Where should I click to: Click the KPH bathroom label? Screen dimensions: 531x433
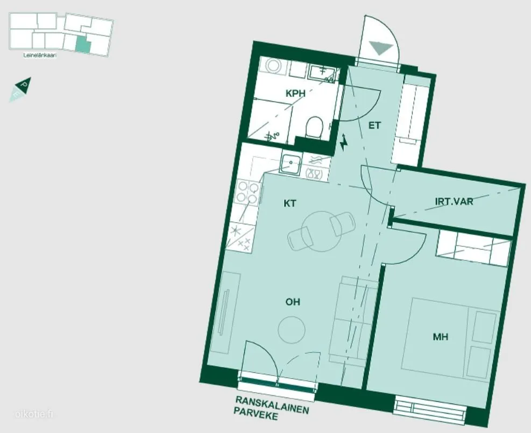click(x=295, y=94)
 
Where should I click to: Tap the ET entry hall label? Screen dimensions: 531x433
click(x=374, y=126)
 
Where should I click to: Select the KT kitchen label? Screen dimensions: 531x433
click(x=290, y=203)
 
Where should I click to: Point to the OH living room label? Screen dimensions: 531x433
click(x=293, y=302)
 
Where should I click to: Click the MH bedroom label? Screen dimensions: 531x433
click(x=441, y=337)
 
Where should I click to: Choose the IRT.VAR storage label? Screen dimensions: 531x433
click(x=454, y=202)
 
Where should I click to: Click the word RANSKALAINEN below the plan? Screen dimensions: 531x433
click(x=272, y=405)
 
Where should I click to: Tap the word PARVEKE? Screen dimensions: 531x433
click(x=256, y=414)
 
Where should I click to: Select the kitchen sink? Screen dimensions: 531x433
click(x=291, y=164)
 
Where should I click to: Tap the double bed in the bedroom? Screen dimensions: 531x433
click(x=450, y=337)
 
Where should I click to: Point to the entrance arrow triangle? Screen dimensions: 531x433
click(x=381, y=48)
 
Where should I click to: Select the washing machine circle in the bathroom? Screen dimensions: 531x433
click(x=273, y=65)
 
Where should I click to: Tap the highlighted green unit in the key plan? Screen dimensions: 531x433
click(x=83, y=44)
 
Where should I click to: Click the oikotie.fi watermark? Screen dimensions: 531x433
click(x=34, y=414)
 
